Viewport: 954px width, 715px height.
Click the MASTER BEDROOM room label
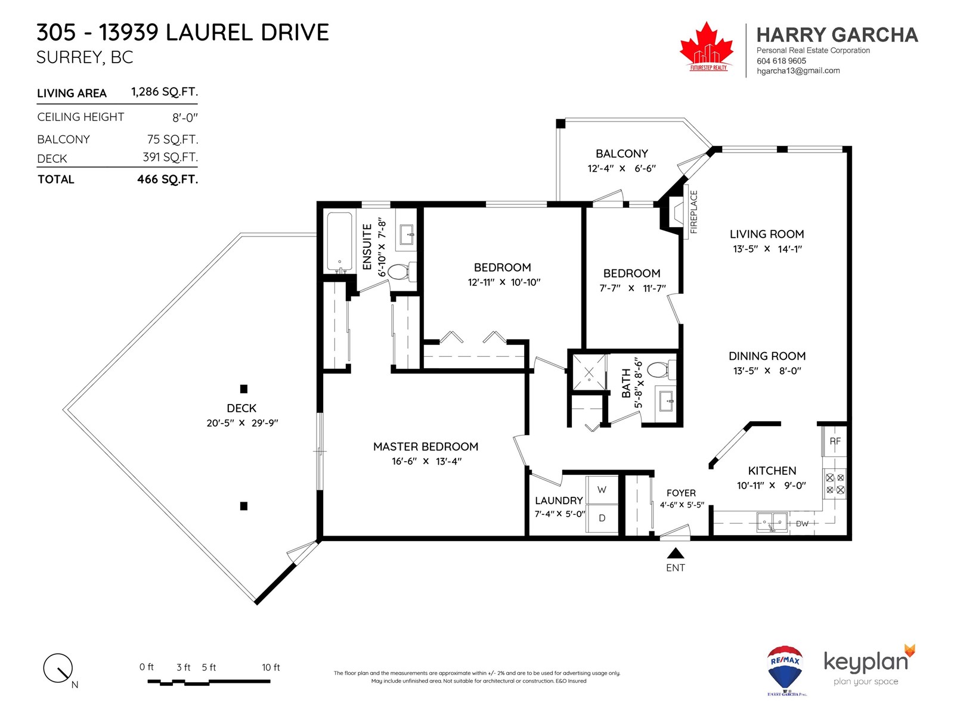pyautogui.click(x=426, y=446)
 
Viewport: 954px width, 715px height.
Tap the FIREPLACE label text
pyautogui.click(x=693, y=212)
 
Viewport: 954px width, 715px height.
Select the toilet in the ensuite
pyautogui.click(x=401, y=272)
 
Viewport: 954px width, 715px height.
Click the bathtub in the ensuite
pyautogui.click(x=339, y=243)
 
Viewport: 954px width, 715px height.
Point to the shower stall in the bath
pyautogui.click(x=589, y=372)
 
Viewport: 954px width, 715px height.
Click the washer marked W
pyautogui.click(x=602, y=490)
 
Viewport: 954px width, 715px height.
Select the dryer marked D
pyautogui.click(x=602, y=518)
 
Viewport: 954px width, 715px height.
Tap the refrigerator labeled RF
pyautogui.click(x=835, y=441)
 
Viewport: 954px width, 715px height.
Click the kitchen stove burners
pyautogui.click(x=835, y=484)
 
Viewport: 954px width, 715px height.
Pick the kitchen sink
pyautogui.click(x=772, y=521)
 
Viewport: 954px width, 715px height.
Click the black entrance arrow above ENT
pyautogui.click(x=675, y=553)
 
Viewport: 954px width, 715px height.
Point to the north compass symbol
pyautogui.click(x=58, y=668)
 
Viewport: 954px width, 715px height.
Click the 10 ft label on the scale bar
pyautogui.click(x=271, y=667)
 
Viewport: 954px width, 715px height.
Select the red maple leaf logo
pyautogui.click(x=707, y=45)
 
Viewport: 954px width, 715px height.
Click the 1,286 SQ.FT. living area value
pyautogui.click(x=165, y=92)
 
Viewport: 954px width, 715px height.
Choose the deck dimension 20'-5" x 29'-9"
pyautogui.click(x=242, y=423)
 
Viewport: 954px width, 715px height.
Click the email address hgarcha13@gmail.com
pyautogui.click(x=798, y=71)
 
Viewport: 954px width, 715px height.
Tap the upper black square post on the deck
pyautogui.click(x=244, y=389)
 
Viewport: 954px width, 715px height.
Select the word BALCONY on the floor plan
pyautogui.click(x=621, y=154)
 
